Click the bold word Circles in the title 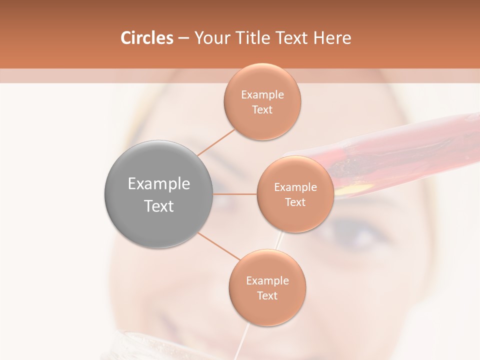pos(146,38)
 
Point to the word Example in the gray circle pos(158,184)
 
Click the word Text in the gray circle pos(158,206)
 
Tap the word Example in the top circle pos(262,95)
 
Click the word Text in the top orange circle pos(262,110)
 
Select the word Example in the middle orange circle pos(295,187)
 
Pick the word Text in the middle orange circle pos(295,202)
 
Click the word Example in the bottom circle pos(267,281)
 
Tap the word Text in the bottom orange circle pos(267,296)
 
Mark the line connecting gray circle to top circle pos(216,143)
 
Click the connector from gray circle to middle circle pos(234,194)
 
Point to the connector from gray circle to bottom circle pos(219,246)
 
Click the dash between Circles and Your pos(183,38)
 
